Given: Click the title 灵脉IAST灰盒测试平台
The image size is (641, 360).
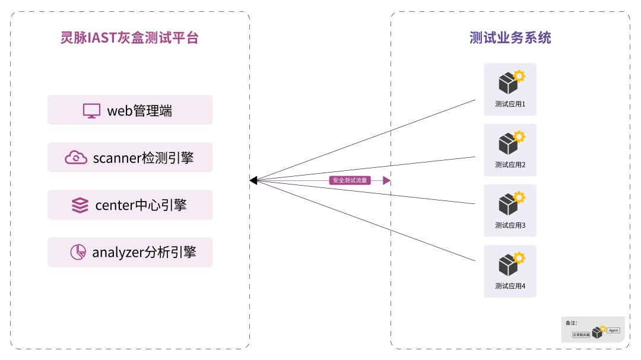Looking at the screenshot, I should (x=129, y=38).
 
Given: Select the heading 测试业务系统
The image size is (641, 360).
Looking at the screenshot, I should (x=510, y=38).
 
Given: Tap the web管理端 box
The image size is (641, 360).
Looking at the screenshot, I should (x=130, y=110).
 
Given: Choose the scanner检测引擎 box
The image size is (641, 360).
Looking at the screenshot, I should (x=130, y=158).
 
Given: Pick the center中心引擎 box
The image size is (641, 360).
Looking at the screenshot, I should (x=130, y=205).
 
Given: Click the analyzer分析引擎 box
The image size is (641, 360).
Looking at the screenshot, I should (x=130, y=253).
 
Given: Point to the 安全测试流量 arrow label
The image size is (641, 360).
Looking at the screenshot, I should (x=350, y=180).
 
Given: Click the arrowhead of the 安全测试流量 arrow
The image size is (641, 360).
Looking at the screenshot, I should (x=387, y=180).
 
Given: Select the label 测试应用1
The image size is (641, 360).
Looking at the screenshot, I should (x=510, y=104).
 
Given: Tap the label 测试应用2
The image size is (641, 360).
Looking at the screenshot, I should (x=510, y=165).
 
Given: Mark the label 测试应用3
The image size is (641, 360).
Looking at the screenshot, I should (x=510, y=225).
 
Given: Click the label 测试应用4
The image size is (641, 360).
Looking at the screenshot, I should (x=510, y=286).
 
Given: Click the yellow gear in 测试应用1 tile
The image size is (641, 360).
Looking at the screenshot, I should (x=519, y=76).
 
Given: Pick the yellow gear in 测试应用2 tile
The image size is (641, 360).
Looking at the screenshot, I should (x=519, y=136).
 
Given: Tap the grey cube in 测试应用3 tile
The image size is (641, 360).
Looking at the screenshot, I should (x=507, y=205).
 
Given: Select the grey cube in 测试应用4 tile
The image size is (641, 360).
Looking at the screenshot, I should (x=507, y=266).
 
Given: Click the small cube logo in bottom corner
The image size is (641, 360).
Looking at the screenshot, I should (x=598, y=332).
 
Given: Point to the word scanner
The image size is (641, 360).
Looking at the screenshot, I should (x=117, y=158).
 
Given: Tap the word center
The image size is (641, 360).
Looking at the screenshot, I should (x=115, y=206).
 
